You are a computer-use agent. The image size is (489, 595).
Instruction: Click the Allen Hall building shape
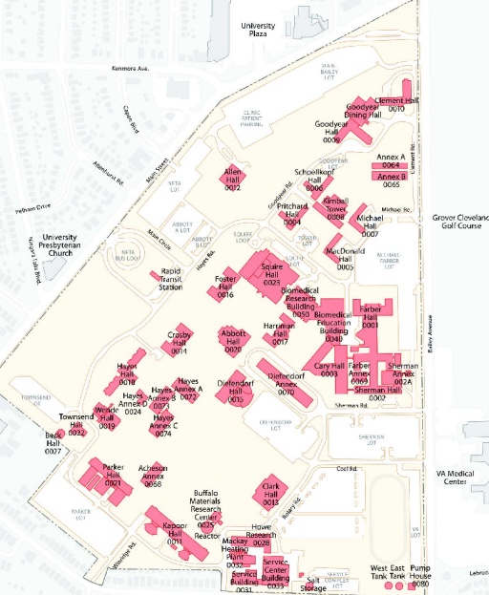tap(235, 178)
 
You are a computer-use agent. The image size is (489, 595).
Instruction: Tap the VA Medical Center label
tap(461, 477)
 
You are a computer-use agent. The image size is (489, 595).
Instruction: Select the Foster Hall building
tap(226, 285)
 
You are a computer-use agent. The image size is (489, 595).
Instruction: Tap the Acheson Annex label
tap(153, 475)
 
